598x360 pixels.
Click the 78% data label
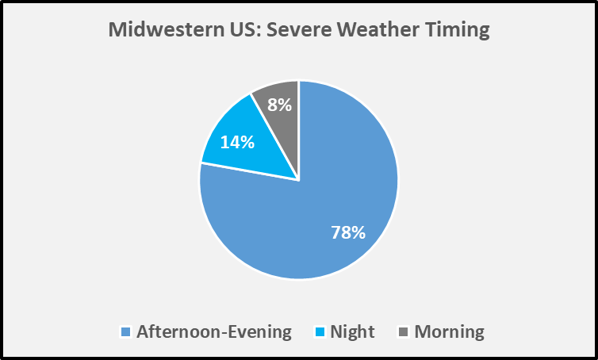(x=348, y=232)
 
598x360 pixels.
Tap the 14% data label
(x=237, y=142)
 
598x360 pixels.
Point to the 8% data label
(x=279, y=105)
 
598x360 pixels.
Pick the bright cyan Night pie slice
(x=244, y=145)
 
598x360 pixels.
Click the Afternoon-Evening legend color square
(x=126, y=331)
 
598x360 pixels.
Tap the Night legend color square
(x=320, y=331)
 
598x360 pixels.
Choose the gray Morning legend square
(x=404, y=331)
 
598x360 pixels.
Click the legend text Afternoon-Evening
(x=214, y=331)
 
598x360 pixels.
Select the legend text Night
(x=352, y=332)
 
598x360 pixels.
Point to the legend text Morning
(x=450, y=332)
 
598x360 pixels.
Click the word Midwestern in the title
(x=167, y=29)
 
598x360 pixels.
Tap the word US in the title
(x=243, y=29)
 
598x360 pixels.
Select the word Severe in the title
(x=299, y=29)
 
